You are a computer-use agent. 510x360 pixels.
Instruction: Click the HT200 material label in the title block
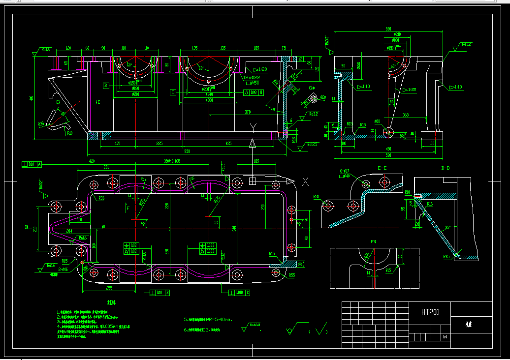(x=430, y=312)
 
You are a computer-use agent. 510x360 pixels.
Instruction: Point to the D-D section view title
(x=446, y=168)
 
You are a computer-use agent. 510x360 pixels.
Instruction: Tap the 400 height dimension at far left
(x=32, y=98)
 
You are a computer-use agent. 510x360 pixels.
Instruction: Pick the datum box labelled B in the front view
(x=105, y=86)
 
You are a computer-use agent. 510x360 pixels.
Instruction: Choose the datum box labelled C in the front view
(x=172, y=92)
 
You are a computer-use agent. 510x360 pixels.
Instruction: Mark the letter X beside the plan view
(x=305, y=181)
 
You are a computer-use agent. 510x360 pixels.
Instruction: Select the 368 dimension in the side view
(x=405, y=115)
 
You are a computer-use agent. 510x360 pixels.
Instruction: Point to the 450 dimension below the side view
(x=388, y=149)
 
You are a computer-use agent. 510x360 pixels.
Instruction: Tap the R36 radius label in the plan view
(x=101, y=198)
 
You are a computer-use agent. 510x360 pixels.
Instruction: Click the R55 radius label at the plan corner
(x=291, y=275)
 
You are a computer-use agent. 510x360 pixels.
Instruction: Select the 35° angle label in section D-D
(x=448, y=228)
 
